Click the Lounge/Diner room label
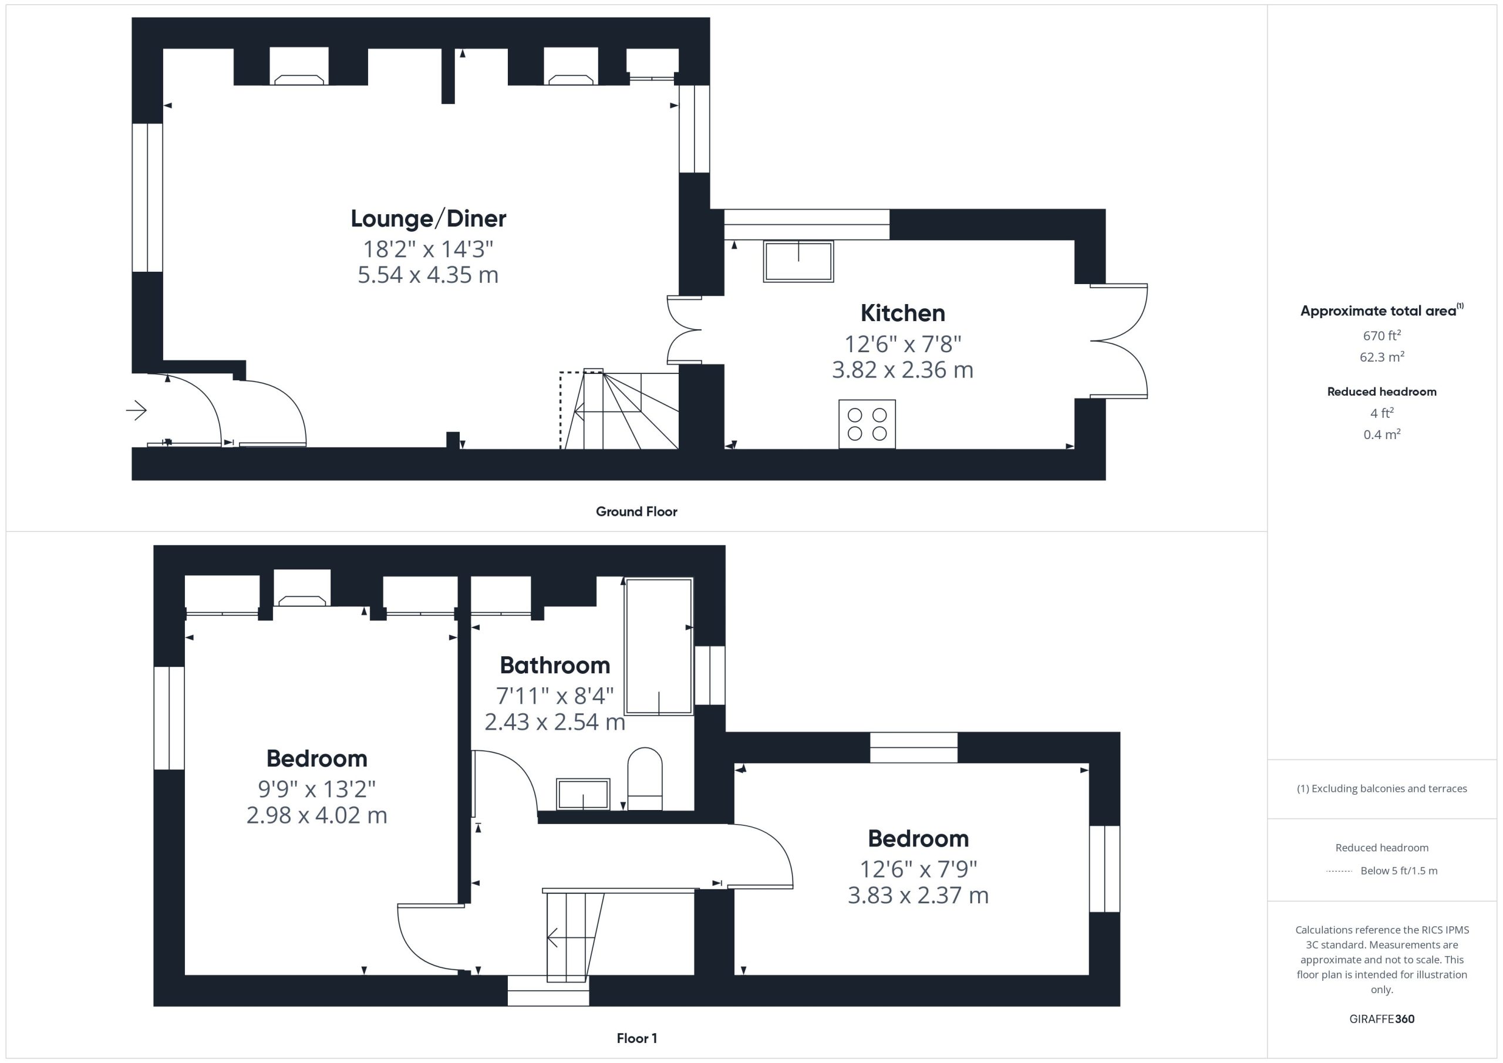point(428,218)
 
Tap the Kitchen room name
point(903,313)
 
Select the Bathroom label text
point(555,665)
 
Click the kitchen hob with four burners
point(867,424)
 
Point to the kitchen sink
point(798,262)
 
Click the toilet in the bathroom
point(645,778)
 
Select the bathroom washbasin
point(582,794)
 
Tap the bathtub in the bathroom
point(659,646)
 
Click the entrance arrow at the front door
point(136,410)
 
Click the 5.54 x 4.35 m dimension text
point(428,275)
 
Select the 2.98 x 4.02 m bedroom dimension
point(317,815)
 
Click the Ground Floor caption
point(636,512)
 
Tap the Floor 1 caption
point(636,1038)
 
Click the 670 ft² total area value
point(1382,335)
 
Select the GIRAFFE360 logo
point(1382,1019)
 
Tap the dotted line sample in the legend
point(1339,871)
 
